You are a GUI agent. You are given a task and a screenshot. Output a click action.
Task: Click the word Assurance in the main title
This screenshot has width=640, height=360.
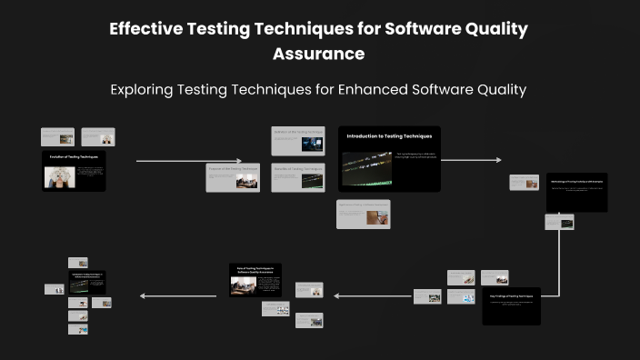[319, 54]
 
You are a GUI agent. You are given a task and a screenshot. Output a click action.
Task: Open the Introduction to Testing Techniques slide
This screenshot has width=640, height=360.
[389, 158]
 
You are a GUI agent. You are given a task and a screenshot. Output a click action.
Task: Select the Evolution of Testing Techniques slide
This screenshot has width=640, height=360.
[74, 171]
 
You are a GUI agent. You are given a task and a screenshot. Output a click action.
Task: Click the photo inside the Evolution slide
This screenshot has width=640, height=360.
[59, 176]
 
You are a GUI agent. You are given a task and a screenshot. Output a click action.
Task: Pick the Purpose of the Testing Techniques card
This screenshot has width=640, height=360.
[234, 178]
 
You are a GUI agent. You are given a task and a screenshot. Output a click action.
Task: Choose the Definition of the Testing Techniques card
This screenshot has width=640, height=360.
[298, 141]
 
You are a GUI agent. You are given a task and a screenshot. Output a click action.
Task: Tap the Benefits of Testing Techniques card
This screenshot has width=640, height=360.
[298, 177]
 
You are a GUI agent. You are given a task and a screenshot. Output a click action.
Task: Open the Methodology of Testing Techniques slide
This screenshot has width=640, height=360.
[576, 192]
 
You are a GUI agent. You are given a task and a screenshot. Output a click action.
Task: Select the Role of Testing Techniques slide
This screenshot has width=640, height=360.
[255, 279]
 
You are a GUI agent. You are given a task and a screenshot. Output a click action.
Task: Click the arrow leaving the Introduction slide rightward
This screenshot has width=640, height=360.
[471, 160]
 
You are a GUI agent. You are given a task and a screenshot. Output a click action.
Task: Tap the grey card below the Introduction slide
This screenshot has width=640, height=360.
[363, 214]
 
